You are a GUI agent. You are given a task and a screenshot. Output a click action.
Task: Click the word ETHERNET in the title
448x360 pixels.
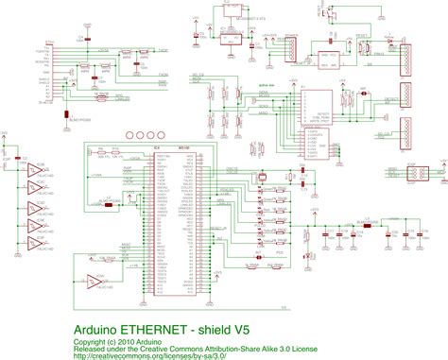(162, 330)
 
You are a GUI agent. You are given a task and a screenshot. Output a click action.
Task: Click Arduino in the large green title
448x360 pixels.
(97, 330)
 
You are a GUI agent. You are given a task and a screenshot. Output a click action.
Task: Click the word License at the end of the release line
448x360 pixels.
(303, 348)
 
